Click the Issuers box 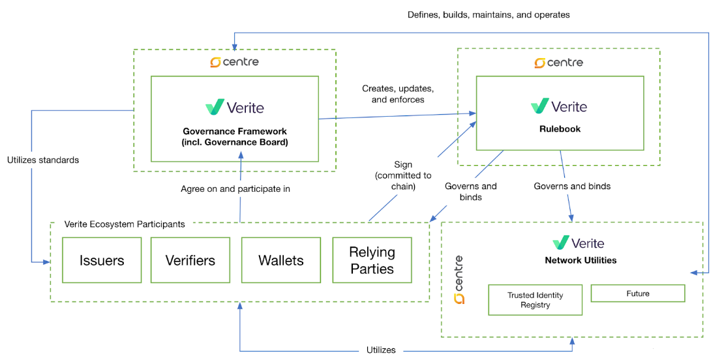click(102, 260)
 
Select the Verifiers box click(190, 260)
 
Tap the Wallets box click(280, 260)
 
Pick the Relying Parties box click(372, 260)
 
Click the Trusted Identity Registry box click(535, 300)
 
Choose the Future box click(637, 293)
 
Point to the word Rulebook click(560, 129)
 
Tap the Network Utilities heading click(581, 260)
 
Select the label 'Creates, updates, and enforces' click(398, 94)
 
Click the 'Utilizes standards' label click(43, 160)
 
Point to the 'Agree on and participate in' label click(235, 189)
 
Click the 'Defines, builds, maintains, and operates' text click(489, 14)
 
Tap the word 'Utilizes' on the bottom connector click(381, 350)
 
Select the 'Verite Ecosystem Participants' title click(125, 224)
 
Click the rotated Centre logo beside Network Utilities click(459, 279)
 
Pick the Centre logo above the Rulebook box click(558, 63)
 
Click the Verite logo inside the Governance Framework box click(234, 107)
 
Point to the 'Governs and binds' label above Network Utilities click(572, 187)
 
